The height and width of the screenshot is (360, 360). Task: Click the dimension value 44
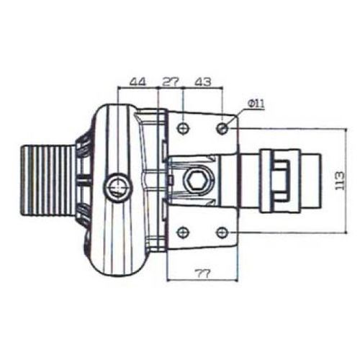138,82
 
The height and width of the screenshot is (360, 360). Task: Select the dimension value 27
171,82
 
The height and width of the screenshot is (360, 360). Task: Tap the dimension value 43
203,82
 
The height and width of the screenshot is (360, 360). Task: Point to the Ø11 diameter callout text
256,104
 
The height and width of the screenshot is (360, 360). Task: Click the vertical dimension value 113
340,181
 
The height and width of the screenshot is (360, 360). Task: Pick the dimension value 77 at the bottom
203,274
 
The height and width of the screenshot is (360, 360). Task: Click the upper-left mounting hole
183,128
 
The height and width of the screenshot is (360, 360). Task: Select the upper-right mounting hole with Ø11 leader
222,128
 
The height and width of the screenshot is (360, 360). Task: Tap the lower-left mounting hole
183,233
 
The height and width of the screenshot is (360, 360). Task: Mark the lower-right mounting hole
222,233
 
